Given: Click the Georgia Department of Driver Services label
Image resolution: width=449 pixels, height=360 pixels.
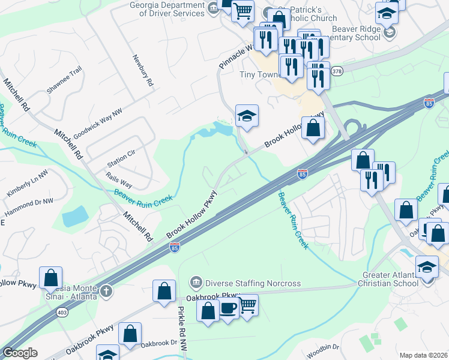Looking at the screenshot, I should (x=158, y=8).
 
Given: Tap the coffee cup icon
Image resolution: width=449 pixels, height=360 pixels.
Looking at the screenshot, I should (x=228, y=308).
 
